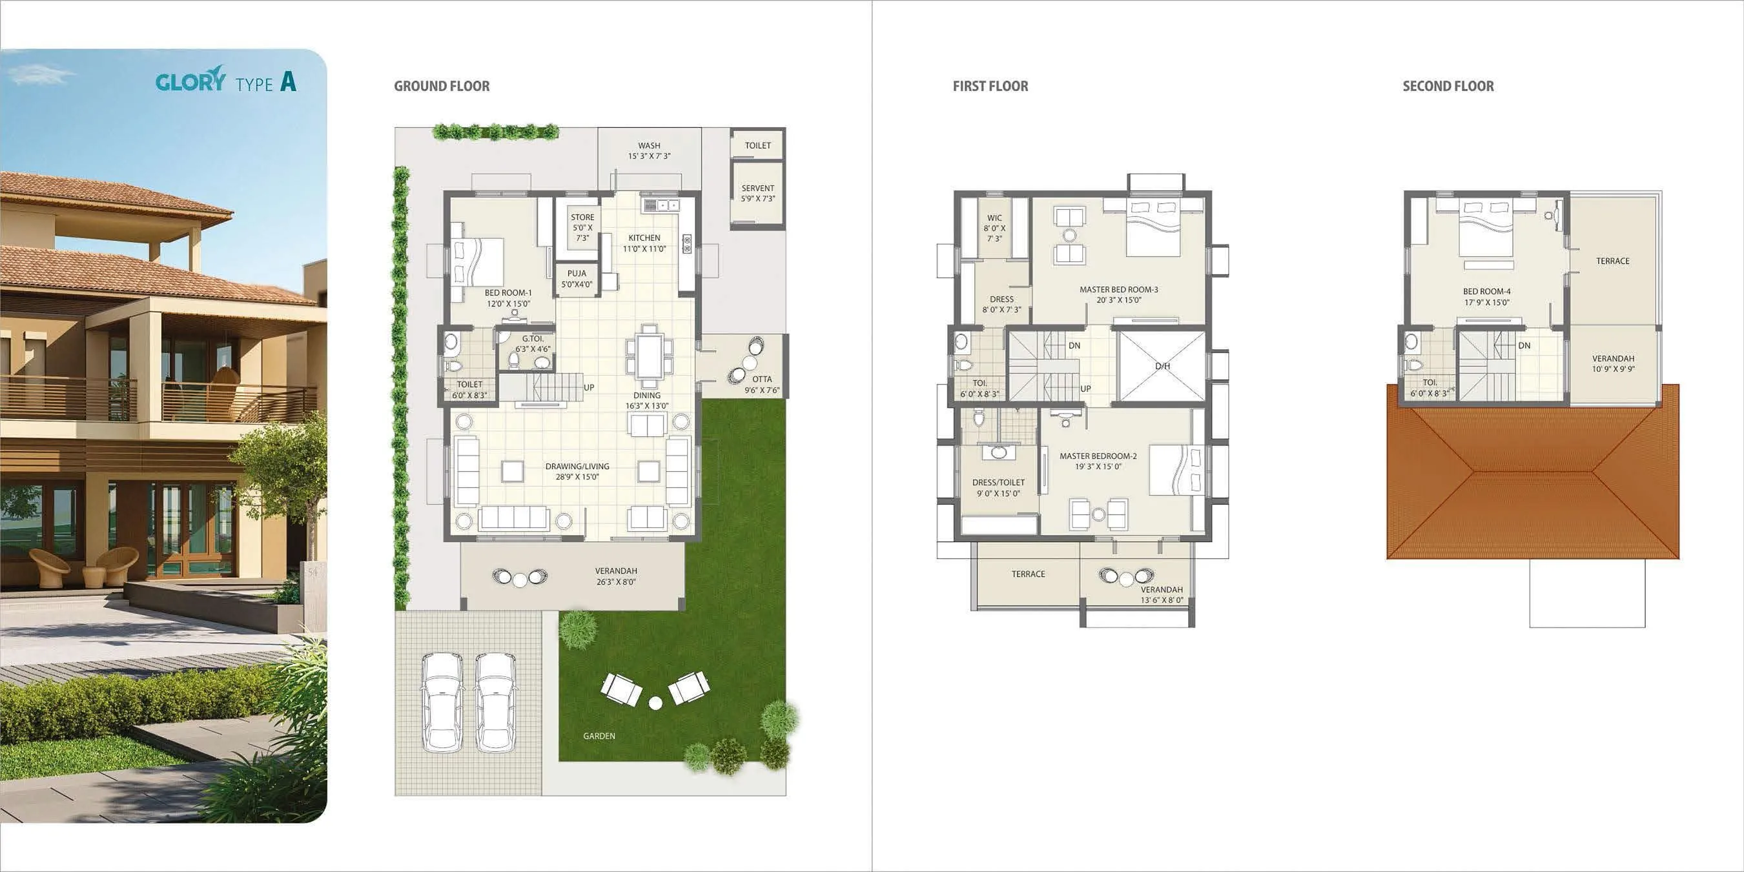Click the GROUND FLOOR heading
coord(442,86)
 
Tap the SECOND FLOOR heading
coord(1448,86)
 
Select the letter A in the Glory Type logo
coord(288,82)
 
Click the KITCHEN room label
coord(644,238)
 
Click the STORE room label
coord(582,218)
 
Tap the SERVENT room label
coord(757,189)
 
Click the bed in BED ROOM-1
coord(478,261)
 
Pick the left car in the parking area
coord(442,702)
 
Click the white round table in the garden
coord(655,703)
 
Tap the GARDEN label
coord(599,736)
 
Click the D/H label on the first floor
coord(1162,366)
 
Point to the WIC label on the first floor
coord(994,218)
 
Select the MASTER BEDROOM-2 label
coord(1098,456)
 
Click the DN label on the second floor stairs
coord(1524,345)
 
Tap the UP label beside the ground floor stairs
coord(589,388)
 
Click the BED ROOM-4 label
coord(1487,292)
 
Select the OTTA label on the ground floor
coord(762,379)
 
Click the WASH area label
coord(648,146)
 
